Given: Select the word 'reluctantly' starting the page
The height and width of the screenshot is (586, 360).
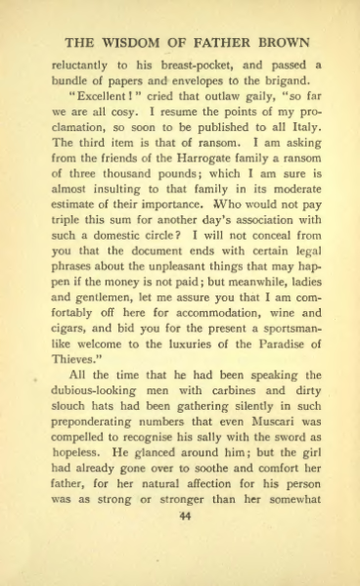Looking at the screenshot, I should click(x=83, y=65).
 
